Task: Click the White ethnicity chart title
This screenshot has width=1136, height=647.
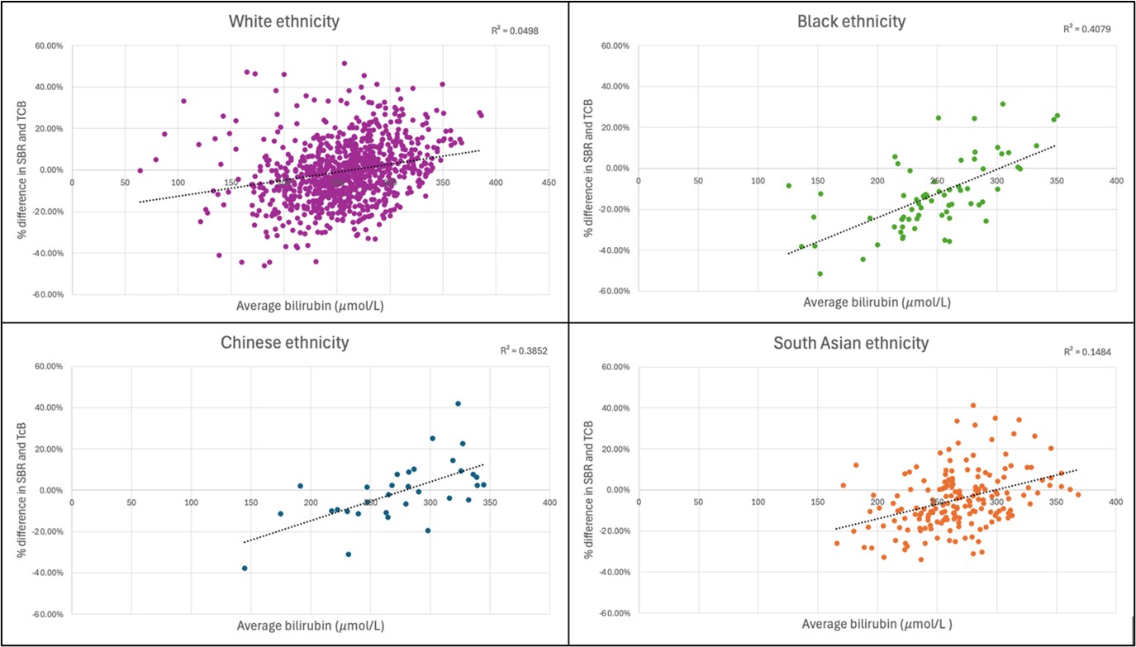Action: click(283, 21)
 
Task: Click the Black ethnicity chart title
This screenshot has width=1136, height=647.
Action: click(851, 21)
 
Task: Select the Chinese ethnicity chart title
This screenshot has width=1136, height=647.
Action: click(283, 342)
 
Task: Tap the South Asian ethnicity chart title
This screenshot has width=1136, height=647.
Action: click(851, 342)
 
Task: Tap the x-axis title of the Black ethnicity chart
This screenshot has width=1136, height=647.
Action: click(877, 302)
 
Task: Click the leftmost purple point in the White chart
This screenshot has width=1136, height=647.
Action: click(140, 170)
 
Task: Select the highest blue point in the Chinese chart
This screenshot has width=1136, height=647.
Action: click(458, 403)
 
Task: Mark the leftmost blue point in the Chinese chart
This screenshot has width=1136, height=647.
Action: click(245, 569)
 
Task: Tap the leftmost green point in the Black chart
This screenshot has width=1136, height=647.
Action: click(788, 186)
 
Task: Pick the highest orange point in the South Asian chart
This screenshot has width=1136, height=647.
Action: click(973, 406)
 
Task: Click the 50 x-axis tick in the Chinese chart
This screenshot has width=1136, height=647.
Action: click(131, 502)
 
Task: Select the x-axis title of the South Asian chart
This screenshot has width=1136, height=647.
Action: click(877, 625)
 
